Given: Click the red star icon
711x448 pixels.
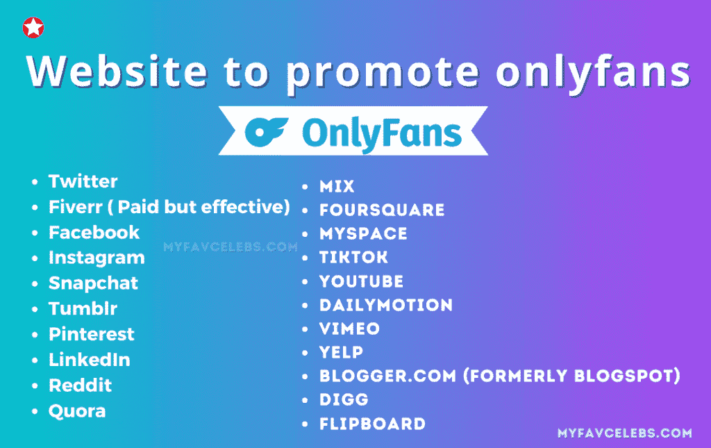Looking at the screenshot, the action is [33, 28].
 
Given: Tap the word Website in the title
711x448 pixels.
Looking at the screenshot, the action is [117, 71].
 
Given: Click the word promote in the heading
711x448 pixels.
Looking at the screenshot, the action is [383, 72].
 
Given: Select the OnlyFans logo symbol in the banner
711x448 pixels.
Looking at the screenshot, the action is [266, 131].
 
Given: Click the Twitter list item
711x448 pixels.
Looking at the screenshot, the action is [83, 181].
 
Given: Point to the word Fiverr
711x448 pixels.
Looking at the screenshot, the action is [76, 207].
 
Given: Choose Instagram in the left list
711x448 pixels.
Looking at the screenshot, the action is [97, 258].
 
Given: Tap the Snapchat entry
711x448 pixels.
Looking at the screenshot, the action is [93, 283].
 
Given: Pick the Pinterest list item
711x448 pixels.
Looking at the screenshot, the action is [91, 334].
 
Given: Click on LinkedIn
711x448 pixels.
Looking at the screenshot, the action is [90, 360].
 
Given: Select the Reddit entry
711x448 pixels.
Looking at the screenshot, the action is [81, 385].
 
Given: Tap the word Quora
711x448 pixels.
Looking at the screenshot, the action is [77, 411].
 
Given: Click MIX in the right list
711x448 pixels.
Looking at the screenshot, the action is [337, 186].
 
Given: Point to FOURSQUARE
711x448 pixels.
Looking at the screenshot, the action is [382, 210].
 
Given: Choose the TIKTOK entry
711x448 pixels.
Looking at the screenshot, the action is [353, 258].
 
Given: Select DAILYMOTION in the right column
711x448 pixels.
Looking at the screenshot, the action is [386, 305].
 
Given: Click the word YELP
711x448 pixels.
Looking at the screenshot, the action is [341, 352].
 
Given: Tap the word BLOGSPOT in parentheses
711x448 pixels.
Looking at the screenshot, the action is [627, 376].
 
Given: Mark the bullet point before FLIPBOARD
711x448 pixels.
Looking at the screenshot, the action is [305, 424].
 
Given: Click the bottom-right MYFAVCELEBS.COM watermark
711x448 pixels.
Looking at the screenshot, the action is [625, 433].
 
